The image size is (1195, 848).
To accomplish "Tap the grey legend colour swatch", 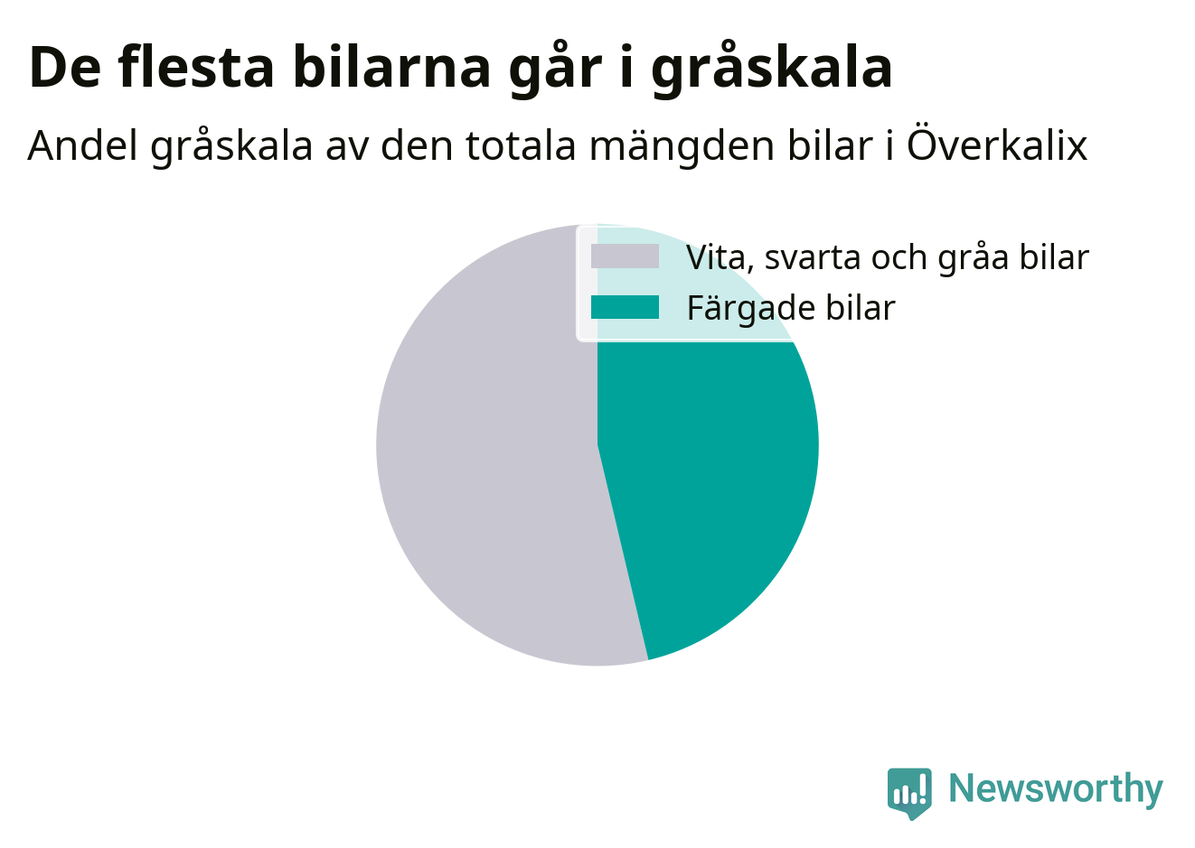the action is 625,256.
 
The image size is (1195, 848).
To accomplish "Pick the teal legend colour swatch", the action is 625,307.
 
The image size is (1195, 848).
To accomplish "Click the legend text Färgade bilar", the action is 791,308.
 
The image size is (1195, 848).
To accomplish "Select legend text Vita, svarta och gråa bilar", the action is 887,257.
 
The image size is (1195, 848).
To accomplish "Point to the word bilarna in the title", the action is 391,67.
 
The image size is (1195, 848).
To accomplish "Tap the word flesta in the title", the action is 196,67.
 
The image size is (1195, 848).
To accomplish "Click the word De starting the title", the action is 64,68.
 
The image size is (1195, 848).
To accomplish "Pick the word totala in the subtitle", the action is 521,145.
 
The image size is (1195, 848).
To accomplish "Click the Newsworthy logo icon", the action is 909,794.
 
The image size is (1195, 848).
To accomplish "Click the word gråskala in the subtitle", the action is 231,146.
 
